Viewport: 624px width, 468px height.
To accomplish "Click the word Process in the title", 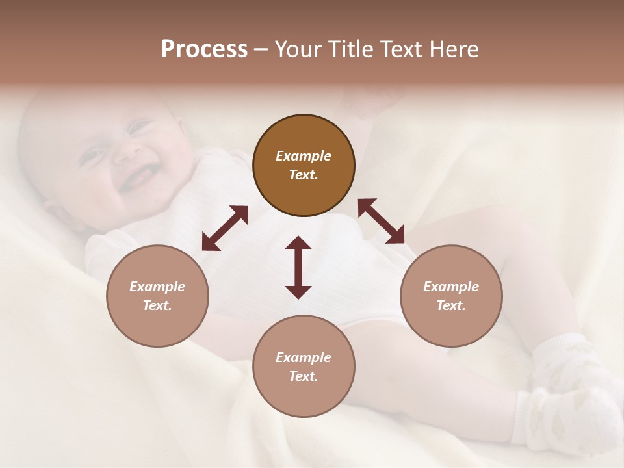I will (204, 49).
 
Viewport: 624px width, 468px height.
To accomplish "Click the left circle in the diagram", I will (157, 296).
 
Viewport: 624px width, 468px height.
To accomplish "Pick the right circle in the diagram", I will (451, 296).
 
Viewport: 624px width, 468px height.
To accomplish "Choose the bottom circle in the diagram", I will (304, 367).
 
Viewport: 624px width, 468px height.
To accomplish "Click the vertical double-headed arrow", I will (298, 267).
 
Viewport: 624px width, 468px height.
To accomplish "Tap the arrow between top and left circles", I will (225, 228).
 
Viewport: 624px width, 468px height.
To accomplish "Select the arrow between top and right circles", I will (382, 221).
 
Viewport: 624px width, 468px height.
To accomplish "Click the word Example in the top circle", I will (304, 156).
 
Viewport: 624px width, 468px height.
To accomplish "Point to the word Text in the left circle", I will (157, 305).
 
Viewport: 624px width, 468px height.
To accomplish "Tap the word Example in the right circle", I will (451, 287).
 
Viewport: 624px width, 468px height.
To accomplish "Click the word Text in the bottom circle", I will (304, 376).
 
